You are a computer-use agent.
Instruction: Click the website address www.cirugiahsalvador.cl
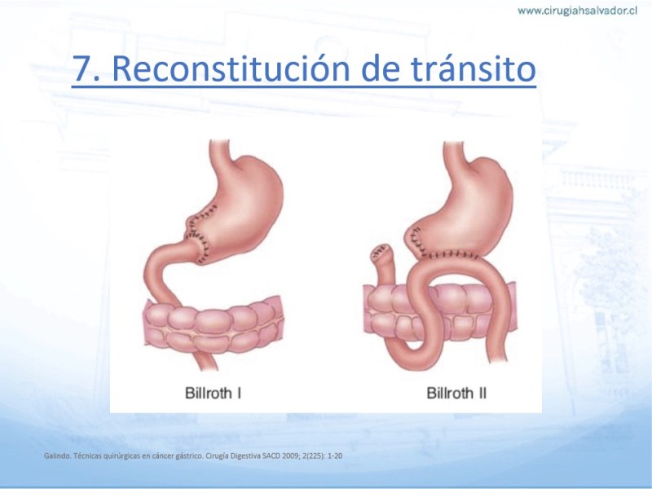(x=577, y=11)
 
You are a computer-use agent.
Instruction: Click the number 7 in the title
(x=82, y=68)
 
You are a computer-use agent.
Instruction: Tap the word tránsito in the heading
(x=474, y=68)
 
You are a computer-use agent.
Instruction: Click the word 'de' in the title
(x=380, y=68)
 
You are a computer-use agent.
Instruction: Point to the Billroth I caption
(x=213, y=393)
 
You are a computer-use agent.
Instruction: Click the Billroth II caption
(x=456, y=393)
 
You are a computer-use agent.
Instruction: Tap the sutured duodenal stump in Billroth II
(x=382, y=260)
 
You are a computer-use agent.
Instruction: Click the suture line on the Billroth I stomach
(x=196, y=235)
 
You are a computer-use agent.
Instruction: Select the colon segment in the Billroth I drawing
(x=214, y=324)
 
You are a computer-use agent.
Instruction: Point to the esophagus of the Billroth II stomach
(x=454, y=155)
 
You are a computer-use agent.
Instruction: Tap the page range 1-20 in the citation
(x=335, y=456)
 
